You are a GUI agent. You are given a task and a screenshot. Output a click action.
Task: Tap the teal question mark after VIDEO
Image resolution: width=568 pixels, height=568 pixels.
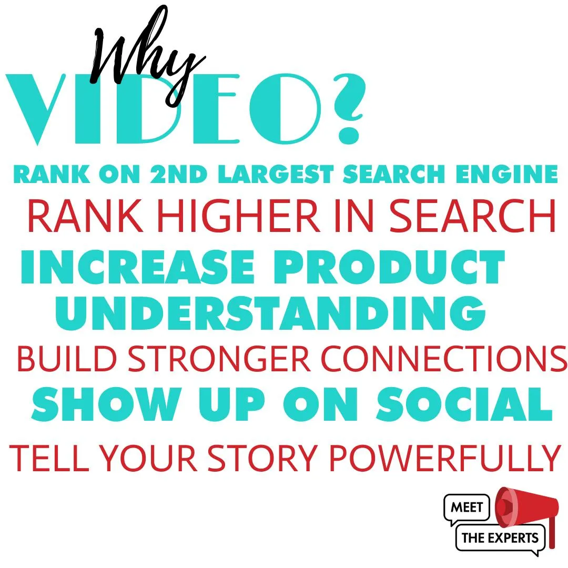tap(348, 109)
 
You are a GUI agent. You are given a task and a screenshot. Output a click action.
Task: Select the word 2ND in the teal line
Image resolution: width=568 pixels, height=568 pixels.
tap(178, 174)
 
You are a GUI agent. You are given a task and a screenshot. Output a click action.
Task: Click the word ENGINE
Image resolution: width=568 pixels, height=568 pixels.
tap(506, 174)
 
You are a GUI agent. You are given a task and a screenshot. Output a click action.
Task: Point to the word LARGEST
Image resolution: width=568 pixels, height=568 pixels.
tap(276, 174)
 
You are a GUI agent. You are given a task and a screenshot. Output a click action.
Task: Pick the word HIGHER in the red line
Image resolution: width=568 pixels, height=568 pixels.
tap(239, 216)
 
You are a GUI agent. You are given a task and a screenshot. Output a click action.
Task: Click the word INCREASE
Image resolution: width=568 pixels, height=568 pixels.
tap(138, 267)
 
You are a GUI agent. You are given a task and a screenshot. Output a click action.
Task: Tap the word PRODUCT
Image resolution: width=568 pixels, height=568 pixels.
tap(389, 267)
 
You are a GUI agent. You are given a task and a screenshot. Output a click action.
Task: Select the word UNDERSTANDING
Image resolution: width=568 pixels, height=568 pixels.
tap(270, 313)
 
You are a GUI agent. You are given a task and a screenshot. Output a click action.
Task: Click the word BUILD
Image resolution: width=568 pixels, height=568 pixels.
tap(67, 359)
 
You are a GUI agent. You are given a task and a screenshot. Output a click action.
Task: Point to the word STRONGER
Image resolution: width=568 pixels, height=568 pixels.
tap(219, 359)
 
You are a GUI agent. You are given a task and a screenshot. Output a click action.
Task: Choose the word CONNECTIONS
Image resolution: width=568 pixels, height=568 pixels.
tap(444, 359)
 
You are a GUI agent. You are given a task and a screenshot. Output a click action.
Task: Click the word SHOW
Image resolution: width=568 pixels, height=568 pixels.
tap(107, 404)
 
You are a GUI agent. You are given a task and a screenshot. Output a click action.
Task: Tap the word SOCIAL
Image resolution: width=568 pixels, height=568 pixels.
tap(464, 404)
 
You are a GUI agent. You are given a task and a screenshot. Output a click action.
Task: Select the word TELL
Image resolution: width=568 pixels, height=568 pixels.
tap(49, 458)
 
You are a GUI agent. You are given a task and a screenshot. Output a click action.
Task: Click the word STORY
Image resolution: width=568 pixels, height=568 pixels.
tap(262, 458)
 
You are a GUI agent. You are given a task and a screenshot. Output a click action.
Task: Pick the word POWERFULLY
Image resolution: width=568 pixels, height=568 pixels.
tap(445, 458)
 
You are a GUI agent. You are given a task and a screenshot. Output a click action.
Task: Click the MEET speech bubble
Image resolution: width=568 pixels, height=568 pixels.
tap(466, 508)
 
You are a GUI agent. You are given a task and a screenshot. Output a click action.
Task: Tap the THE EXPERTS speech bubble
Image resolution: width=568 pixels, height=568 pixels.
tap(500, 539)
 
